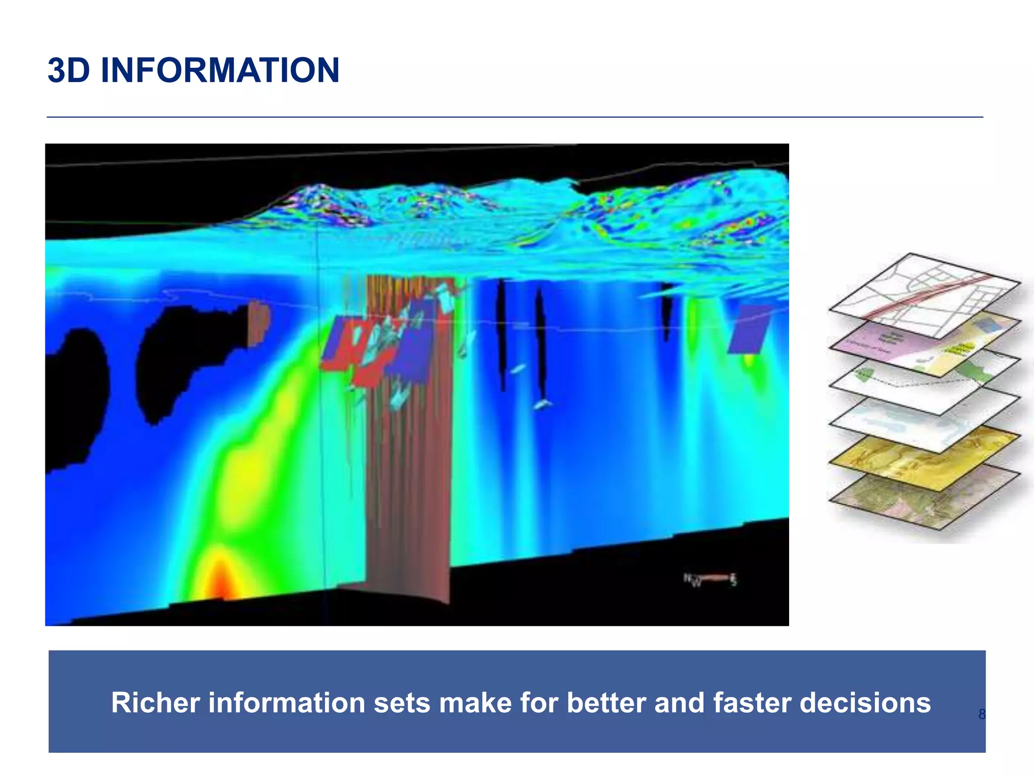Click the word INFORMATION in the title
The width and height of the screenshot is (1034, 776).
220,70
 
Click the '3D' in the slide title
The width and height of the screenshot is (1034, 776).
69,70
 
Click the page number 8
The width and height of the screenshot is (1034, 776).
981,714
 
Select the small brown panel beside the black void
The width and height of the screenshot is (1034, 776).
258,323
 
